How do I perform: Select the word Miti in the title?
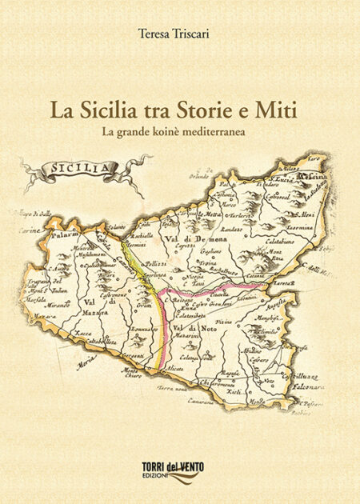click(x=275, y=110)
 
